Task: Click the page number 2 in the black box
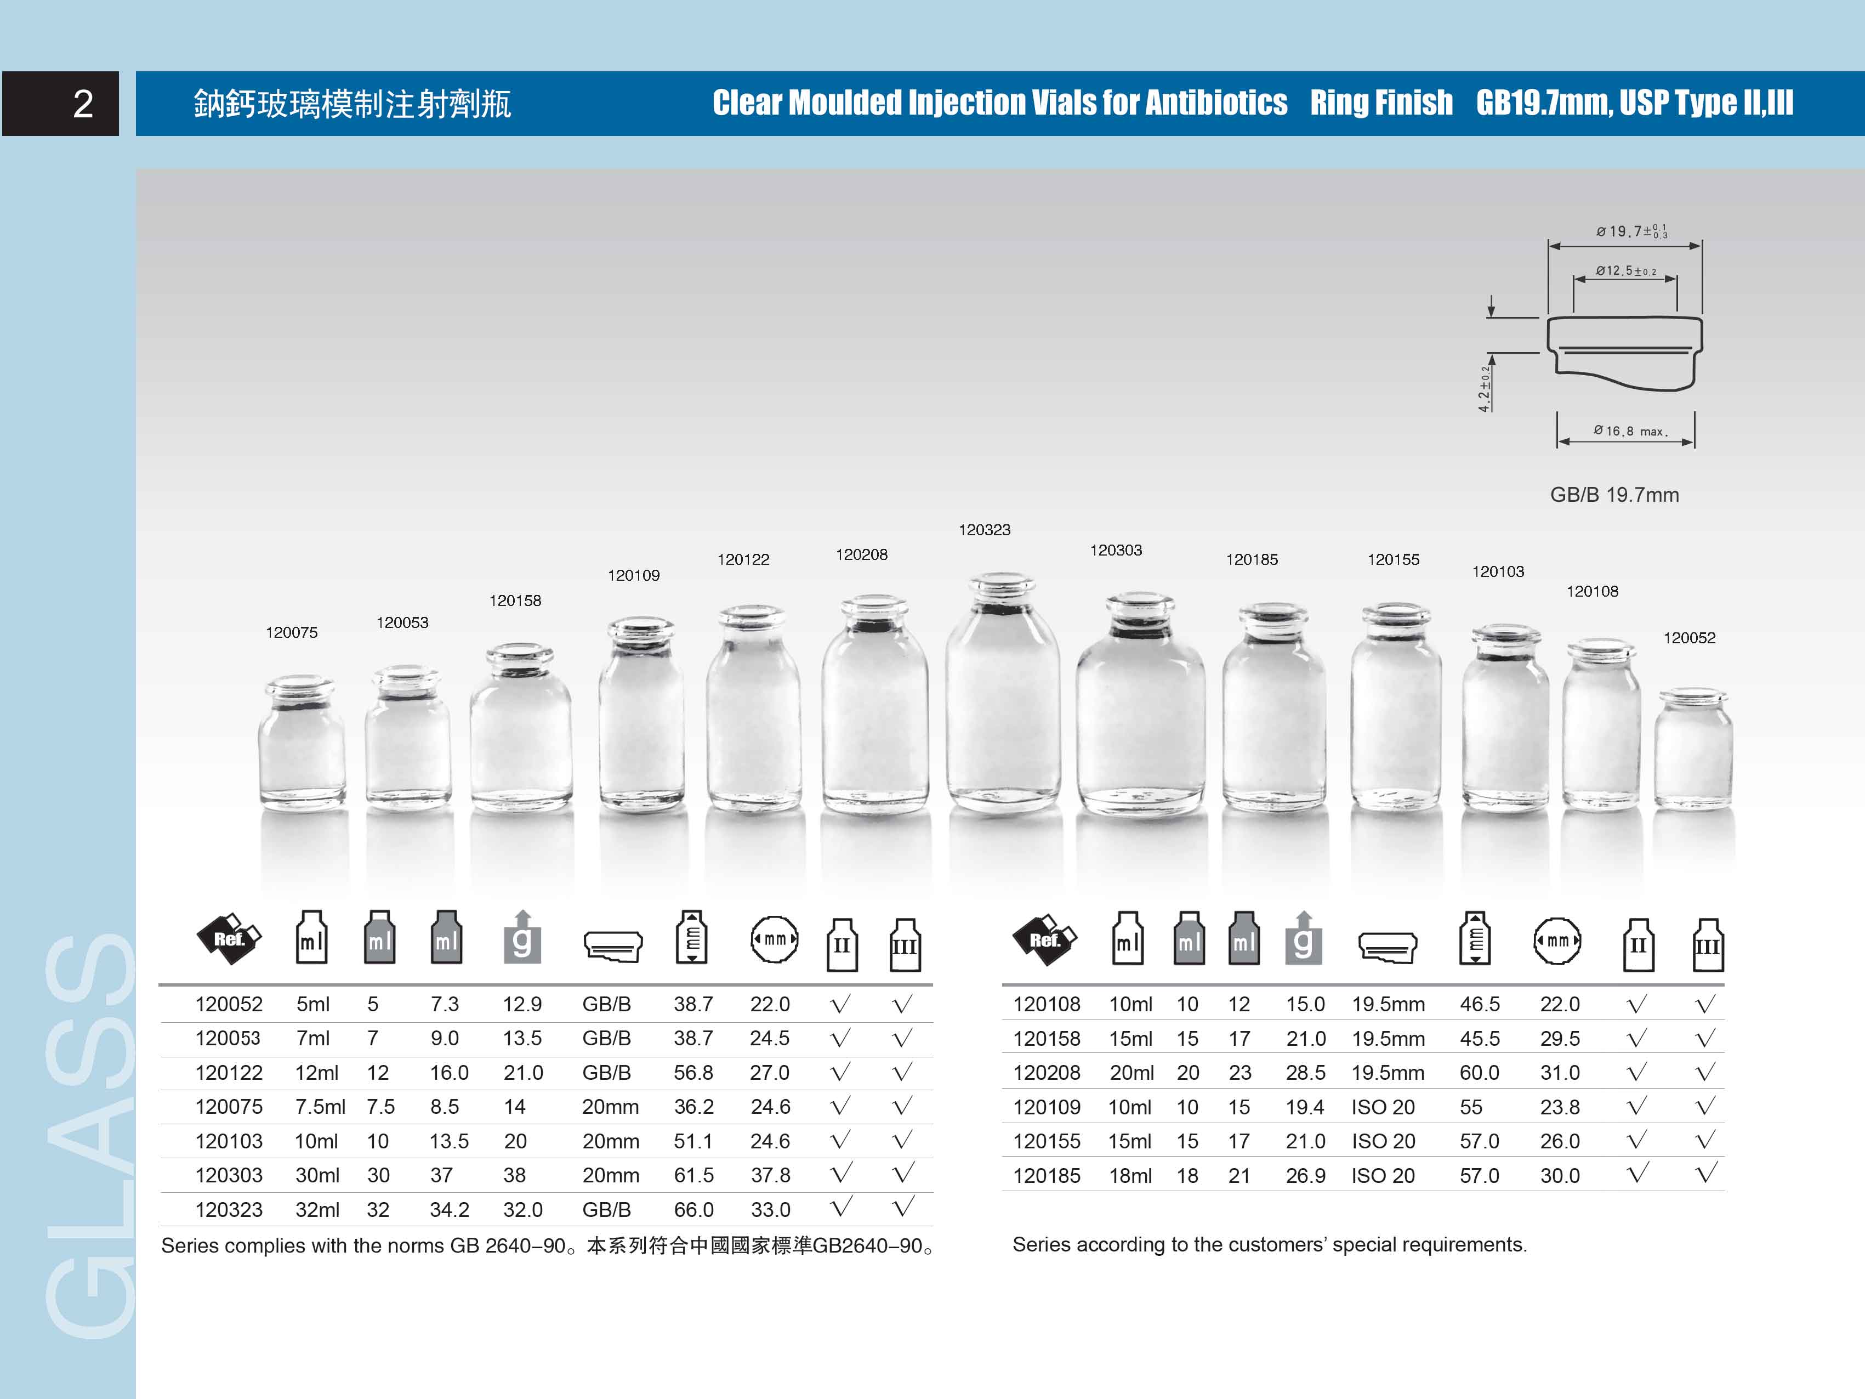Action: point(83,104)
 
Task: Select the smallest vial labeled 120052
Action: point(1692,751)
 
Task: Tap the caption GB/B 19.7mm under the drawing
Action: point(1614,495)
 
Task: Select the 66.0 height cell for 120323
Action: point(693,1209)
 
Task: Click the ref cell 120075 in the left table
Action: point(229,1106)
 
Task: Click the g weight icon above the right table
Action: point(1303,938)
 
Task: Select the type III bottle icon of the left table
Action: point(905,944)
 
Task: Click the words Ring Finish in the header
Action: point(1381,103)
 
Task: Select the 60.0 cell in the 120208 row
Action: point(1479,1073)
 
